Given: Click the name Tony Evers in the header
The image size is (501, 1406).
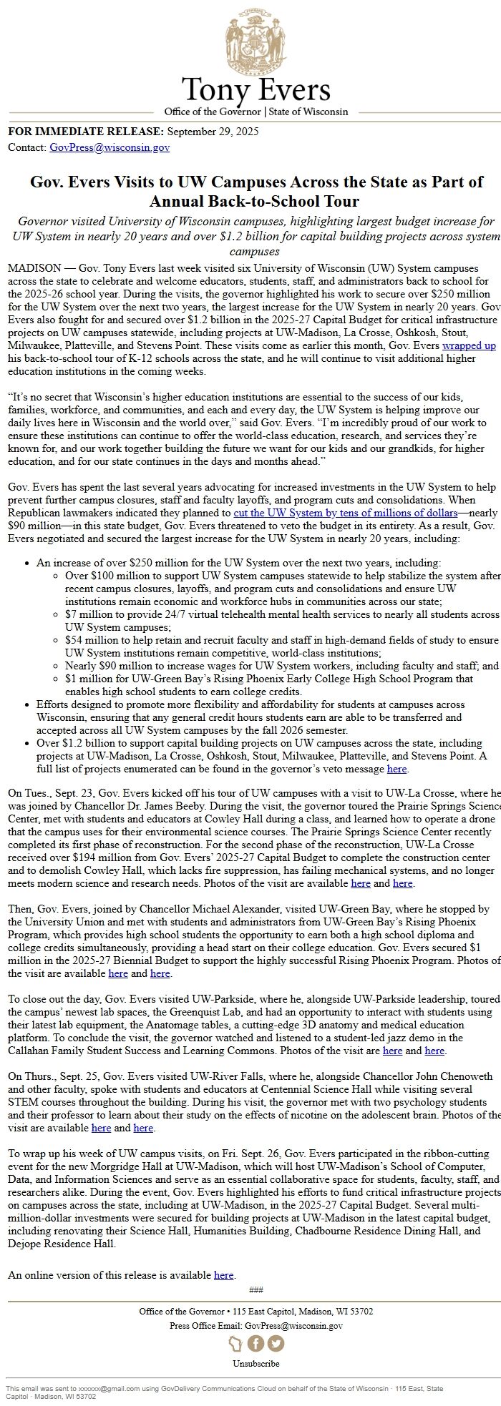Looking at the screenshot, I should [256, 91].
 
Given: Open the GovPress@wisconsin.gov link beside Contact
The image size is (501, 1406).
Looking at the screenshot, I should [110, 147].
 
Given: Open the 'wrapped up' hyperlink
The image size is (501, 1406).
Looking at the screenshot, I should [469, 345].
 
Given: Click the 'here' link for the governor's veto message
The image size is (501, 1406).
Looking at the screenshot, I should [397, 769].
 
